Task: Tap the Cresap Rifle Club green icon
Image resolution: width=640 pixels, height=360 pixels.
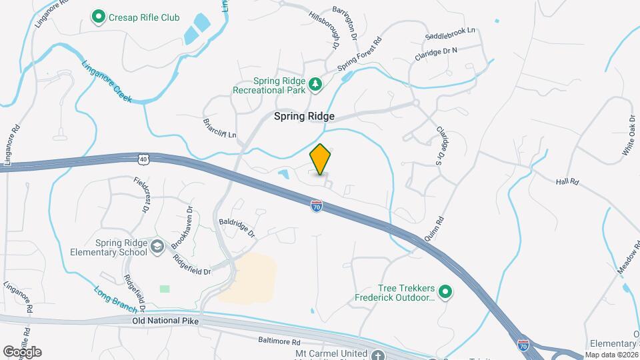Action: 99,15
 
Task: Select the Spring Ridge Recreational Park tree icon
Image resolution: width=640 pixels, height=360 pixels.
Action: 315,85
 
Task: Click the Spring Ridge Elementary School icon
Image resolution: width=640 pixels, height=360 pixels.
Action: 157,247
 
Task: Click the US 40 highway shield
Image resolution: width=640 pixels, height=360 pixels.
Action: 143,159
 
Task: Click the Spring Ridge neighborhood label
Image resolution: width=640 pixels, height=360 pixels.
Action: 304,116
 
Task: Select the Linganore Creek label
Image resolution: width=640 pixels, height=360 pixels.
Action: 107,81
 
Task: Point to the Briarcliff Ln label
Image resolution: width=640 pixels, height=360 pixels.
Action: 219,127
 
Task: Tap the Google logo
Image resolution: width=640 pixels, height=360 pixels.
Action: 22,351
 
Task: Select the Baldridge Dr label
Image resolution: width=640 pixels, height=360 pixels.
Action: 237,227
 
